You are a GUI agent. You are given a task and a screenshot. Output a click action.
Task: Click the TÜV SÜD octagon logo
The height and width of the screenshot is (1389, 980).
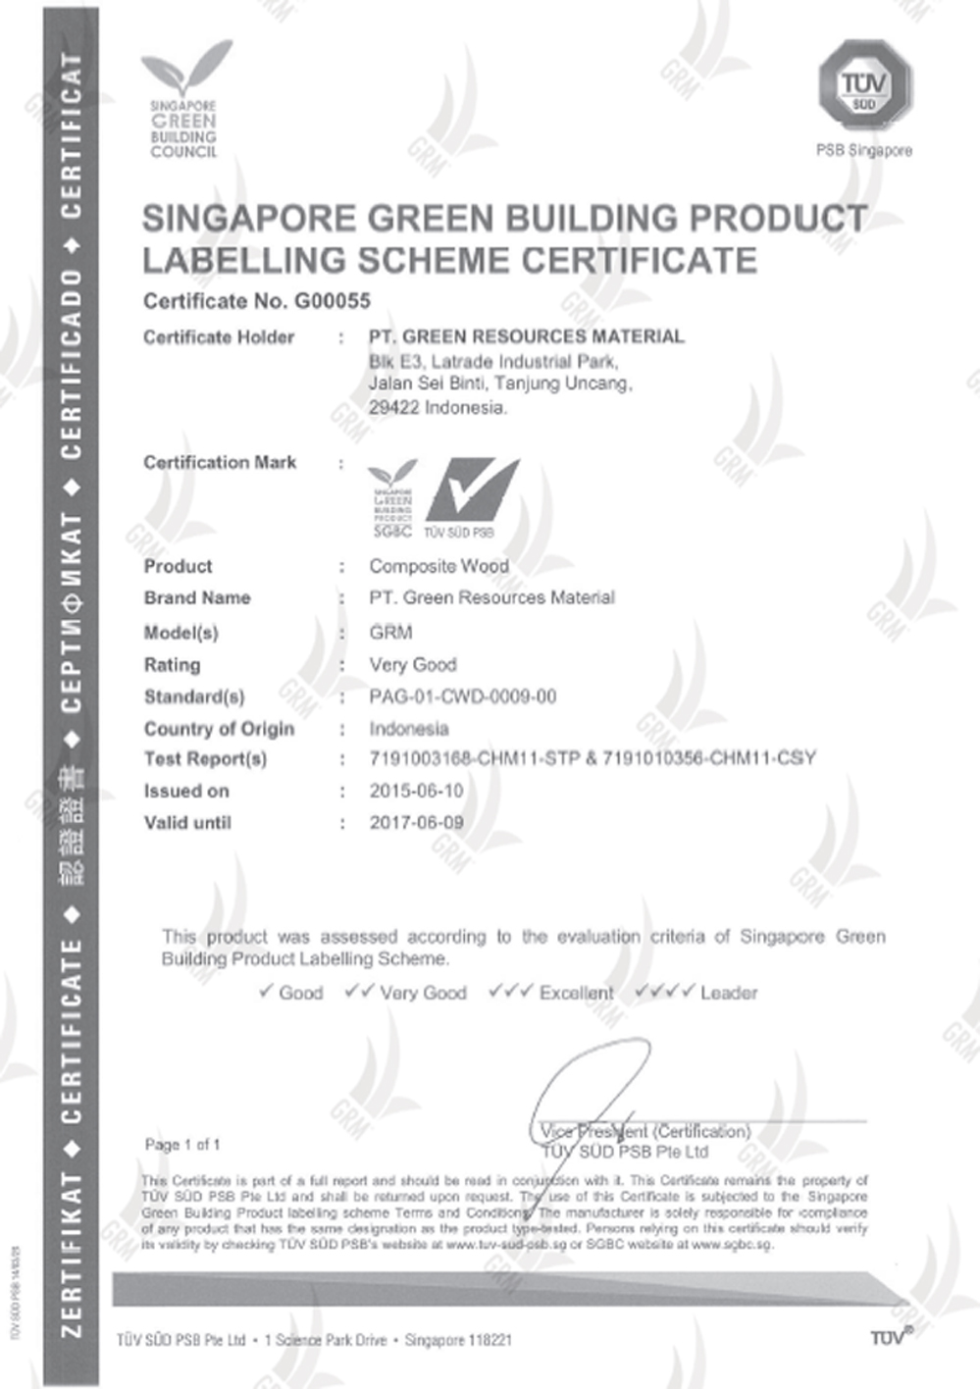[x=863, y=85]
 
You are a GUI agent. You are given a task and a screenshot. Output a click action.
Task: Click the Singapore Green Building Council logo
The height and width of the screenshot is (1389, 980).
[x=184, y=99]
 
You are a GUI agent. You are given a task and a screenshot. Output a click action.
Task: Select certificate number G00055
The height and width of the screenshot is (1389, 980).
[x=333, y=301]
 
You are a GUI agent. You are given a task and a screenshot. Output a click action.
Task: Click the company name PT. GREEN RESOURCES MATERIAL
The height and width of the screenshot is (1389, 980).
[x=526, y=336]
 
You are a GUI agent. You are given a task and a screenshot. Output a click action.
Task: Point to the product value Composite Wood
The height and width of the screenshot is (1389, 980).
[x=438, y=566]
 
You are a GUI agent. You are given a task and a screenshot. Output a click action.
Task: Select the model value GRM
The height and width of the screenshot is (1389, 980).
[x=390, y=633]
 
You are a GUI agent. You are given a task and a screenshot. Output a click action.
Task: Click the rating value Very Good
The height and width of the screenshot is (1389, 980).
[x=412, y=665]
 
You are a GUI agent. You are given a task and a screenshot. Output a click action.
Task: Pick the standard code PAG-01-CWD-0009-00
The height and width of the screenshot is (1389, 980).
[x=462, y=696]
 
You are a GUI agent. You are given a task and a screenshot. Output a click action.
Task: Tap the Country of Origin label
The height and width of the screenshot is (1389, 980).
[x=219, y=729]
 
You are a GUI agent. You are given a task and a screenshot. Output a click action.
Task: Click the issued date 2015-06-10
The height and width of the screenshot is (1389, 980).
[x=416, y=791]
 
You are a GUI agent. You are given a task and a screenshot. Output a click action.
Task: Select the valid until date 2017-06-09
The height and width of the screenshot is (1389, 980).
[x=416, y=823]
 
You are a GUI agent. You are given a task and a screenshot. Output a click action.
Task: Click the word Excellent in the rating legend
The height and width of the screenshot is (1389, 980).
[x=576, y=993]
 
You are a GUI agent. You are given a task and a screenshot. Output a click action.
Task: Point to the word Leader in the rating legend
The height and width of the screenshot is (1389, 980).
[x=729, y=993]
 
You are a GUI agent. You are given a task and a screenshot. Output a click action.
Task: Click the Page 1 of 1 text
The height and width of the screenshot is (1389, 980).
[x=182, y=1145]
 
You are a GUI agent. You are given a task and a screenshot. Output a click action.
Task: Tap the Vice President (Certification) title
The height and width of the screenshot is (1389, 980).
[x=645, y=1132]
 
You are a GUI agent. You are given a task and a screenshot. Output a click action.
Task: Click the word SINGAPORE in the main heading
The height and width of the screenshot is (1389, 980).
[x=248, y=219]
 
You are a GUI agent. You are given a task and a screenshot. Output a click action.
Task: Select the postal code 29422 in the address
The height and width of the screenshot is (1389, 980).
[x=393, y=408]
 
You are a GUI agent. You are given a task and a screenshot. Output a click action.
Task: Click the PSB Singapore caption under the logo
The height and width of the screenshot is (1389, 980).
[x=863, y=150]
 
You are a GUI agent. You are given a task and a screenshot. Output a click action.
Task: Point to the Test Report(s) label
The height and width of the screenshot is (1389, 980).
[x=205, y=758]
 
